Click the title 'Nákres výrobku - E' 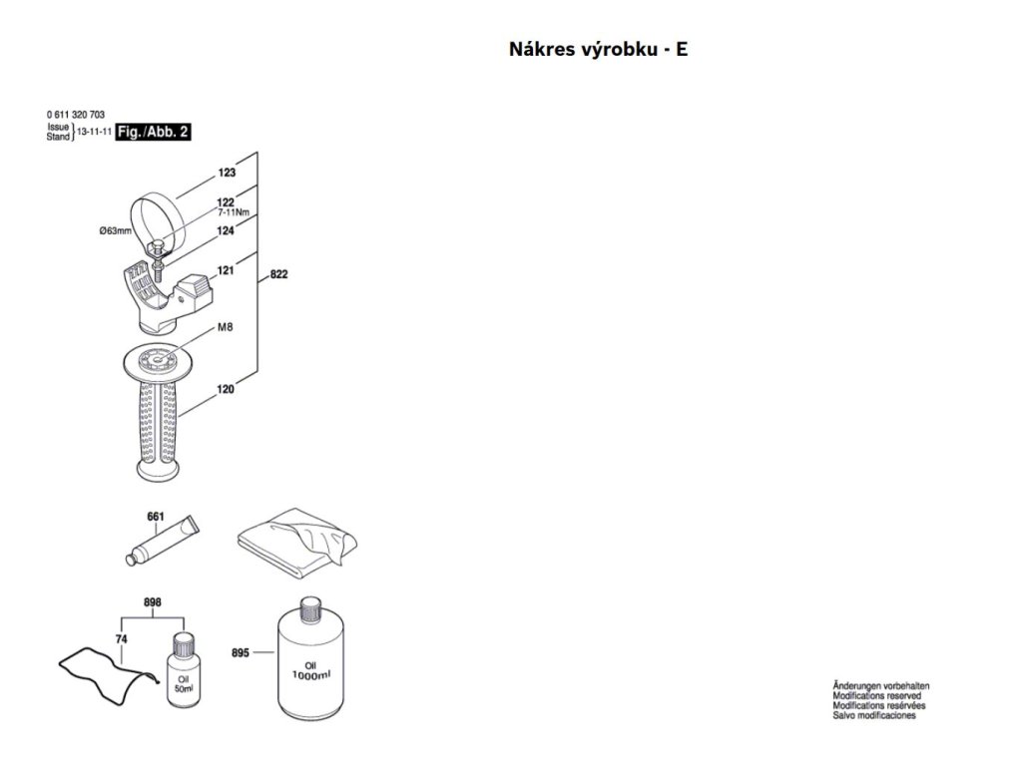pos(598,50)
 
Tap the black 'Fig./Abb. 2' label pos(153,132)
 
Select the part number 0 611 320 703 pos(76,115)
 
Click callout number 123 pos(227,173)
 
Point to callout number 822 pos(279,274)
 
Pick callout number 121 pos(226,269)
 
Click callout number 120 pos(226,390)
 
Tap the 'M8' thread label pos(225,327)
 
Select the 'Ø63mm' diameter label pos(116,230)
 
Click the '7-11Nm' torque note pos(234,212)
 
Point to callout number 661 pos(156,517)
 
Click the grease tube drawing pos(163,541)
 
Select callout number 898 pos(153,602)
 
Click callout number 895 pos(241,652)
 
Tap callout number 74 pos(121,639)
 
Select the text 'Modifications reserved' pos(876,695)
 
